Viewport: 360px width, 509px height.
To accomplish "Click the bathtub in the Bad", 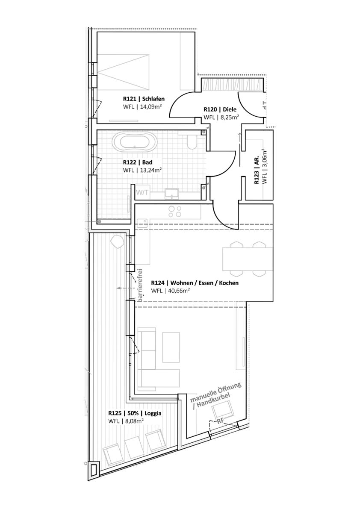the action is tap(135, 142).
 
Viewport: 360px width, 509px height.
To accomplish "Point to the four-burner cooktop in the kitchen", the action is tap(174, 211).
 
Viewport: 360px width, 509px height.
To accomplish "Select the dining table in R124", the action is tap(248, 259).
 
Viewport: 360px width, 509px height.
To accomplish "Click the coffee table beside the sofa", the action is tap(171, 347).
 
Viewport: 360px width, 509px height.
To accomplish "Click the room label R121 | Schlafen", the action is tap(144, 99).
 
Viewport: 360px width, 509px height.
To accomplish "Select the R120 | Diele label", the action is tap(220, 110).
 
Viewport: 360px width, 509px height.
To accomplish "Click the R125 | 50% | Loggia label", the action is tap(135, 414).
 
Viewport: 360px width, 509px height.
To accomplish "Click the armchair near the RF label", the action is tap(223, 410).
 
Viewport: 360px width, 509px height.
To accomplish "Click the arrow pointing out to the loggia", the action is tap(126, 288).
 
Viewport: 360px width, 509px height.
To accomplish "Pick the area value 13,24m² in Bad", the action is tap(151, 169).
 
